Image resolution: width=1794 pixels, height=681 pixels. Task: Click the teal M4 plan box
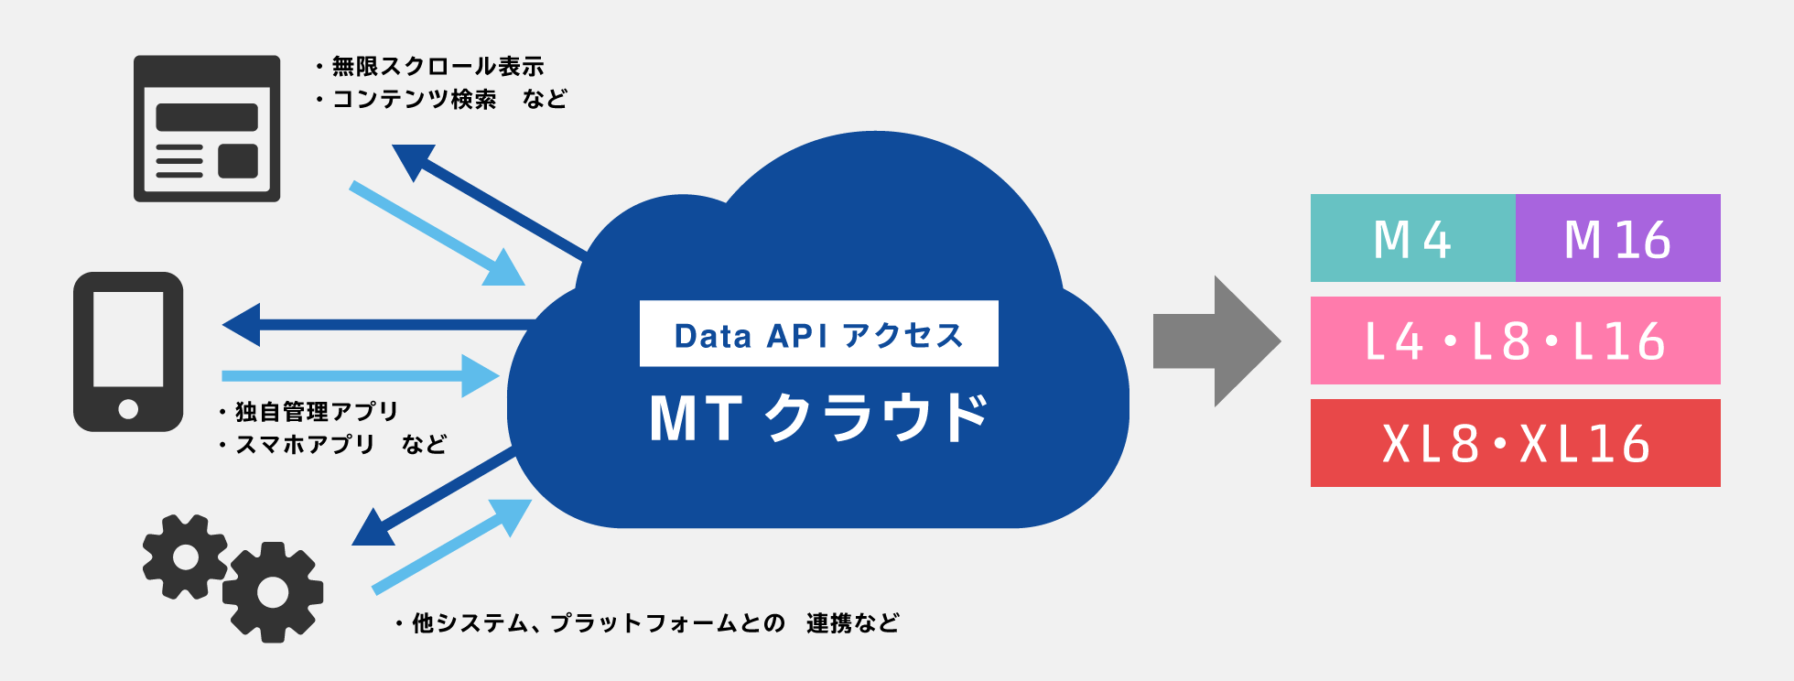pos(1412,238)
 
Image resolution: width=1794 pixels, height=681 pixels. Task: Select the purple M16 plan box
pos(1617,238)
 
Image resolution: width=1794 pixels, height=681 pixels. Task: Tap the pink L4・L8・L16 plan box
pos(1515,340)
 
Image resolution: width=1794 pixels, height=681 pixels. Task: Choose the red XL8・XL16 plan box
pos(1515,443)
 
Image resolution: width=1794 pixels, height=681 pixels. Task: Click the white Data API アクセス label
pos(818,334)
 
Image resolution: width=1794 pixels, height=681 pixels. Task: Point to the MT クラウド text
pos(818,418)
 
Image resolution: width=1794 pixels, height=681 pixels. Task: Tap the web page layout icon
pos(207,128)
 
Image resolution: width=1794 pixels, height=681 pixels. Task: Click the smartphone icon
pos(128,351)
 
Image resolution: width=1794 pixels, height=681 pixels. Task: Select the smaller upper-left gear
pos(185,557)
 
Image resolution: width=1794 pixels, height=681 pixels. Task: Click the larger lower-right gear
pos(273,591)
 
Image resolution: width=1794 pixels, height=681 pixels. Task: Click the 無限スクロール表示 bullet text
pos(437,66)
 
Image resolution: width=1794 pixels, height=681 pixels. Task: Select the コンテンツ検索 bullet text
pos(414,99)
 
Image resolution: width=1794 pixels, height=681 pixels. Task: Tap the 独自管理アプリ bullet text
pos(316,411)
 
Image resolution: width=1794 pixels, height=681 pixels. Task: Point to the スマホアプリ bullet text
pos(305,444)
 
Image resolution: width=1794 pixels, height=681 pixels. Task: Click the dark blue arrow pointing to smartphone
pos(375,325)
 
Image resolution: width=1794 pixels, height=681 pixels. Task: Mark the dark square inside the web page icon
pos(238,160)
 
